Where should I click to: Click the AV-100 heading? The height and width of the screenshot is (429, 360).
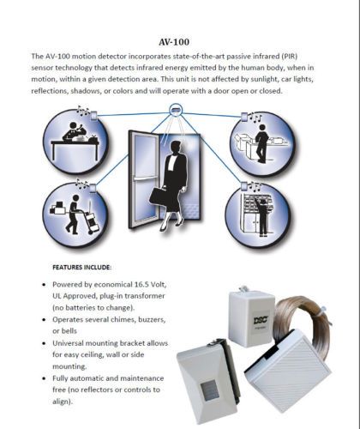pos(174,42)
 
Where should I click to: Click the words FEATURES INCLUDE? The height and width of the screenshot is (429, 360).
pos(81,268)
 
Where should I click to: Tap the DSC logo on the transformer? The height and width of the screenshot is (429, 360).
pos(261,319)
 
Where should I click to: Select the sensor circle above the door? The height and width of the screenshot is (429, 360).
pos(175,110)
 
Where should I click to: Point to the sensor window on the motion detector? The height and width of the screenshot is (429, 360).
pos(209,391)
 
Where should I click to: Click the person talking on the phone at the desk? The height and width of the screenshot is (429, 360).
pos(74,132)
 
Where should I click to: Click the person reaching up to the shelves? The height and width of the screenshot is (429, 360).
pos(262,217)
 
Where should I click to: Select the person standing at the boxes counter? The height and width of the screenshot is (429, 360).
pos(261,144)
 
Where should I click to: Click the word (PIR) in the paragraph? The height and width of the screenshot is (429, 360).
pos(289,56)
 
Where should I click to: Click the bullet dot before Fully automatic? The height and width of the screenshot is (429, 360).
pos(44,378)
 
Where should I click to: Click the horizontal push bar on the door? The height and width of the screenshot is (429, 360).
pos(146,179)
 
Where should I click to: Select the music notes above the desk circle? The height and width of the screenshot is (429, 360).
pos(83,111)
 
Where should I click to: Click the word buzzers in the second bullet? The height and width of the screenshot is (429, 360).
pos(152,319)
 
